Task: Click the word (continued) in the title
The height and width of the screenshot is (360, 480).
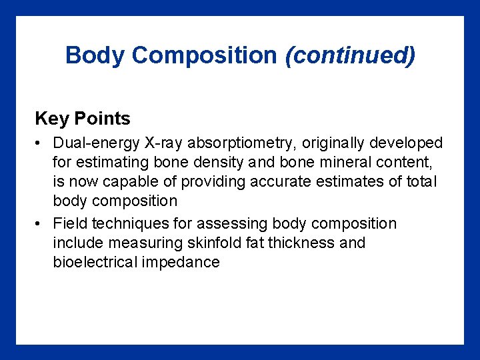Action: coord(350,55)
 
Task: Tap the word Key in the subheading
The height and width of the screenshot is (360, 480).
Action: coord(51,119)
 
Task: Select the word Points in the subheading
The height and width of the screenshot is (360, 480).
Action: coord(102,119)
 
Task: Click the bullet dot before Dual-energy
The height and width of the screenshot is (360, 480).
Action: coord(41,143)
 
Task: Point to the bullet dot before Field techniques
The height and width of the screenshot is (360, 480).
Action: coord(41,224)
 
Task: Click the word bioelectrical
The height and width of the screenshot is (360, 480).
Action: coord(95,262)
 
